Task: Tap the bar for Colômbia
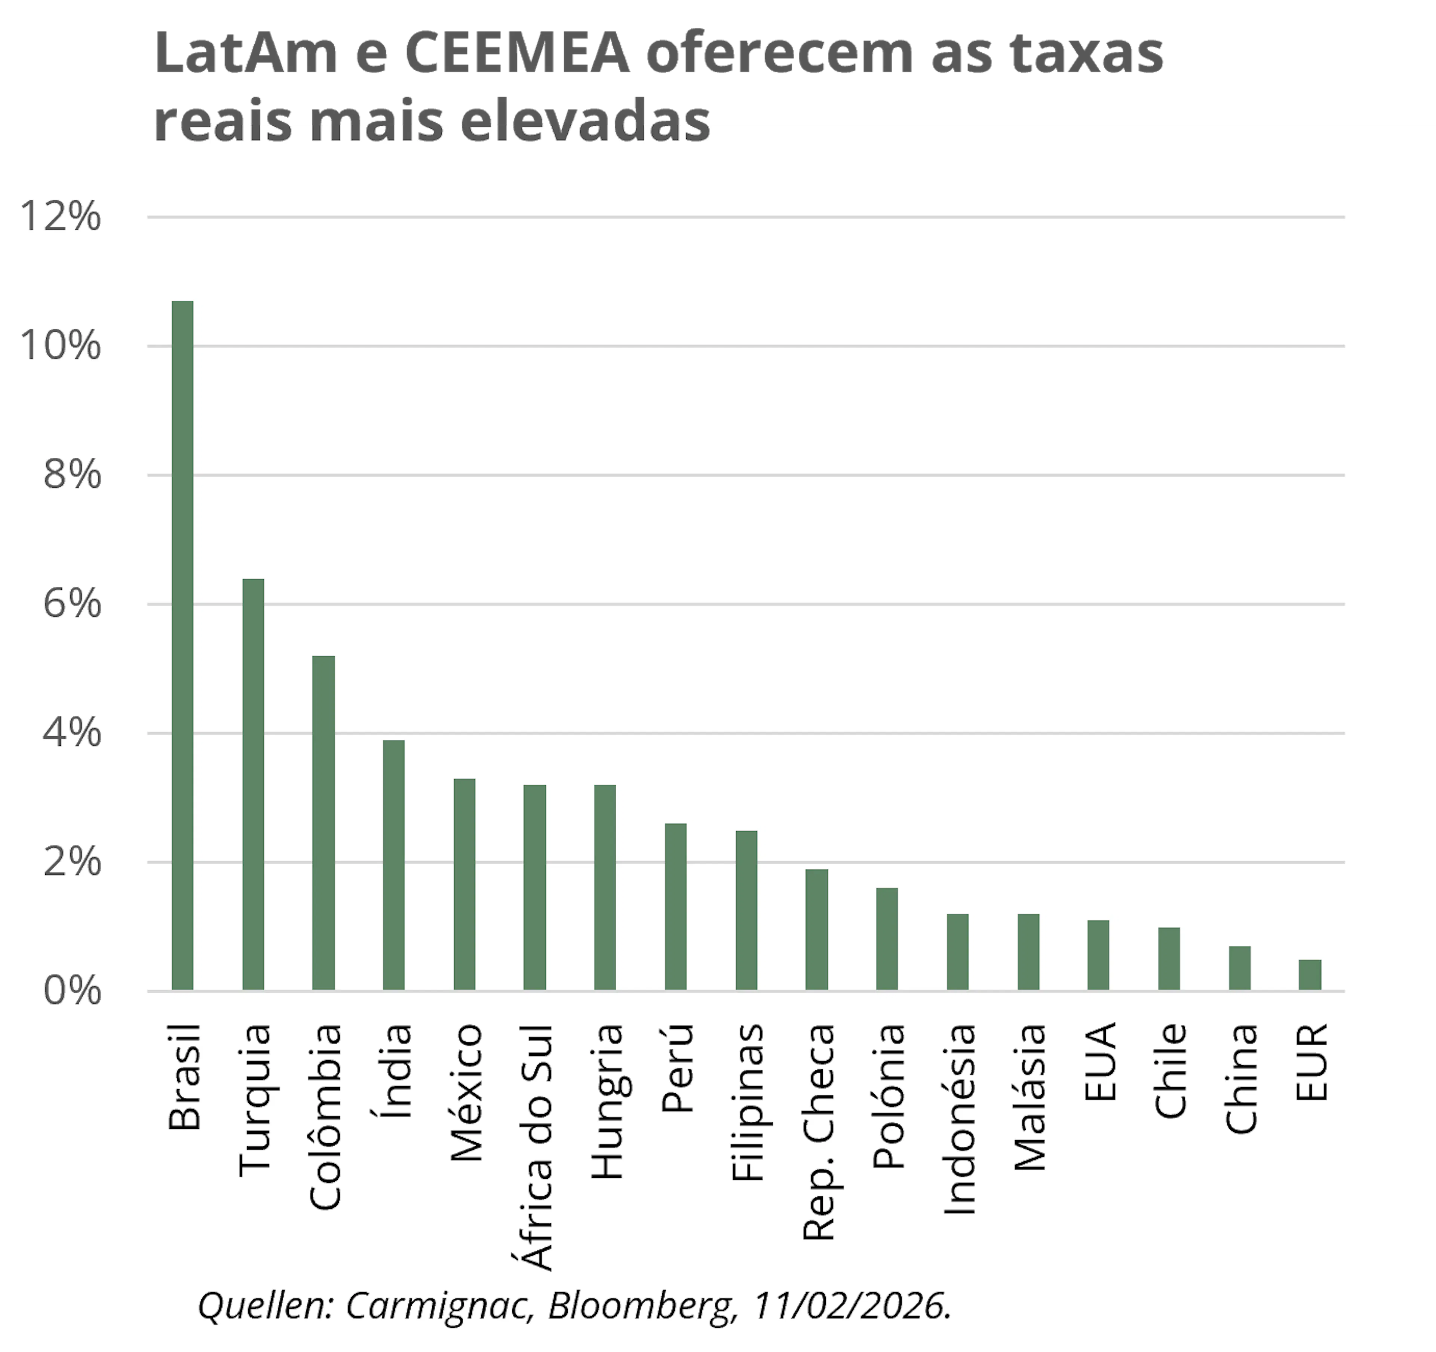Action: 323,823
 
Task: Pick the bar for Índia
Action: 394,865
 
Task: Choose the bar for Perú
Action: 675,907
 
